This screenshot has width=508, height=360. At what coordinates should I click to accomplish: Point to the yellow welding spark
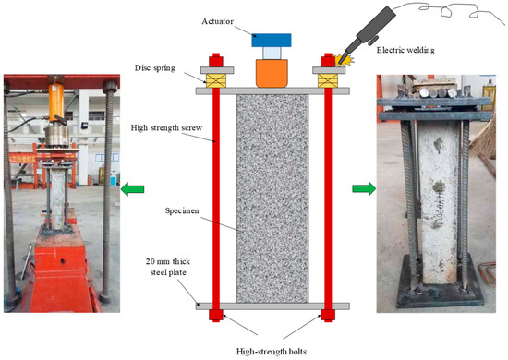[x=343, y=58]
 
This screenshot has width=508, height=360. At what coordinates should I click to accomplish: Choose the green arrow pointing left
[x=131, y=188]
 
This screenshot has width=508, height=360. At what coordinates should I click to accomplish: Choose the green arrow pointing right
[x=366, y=188]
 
